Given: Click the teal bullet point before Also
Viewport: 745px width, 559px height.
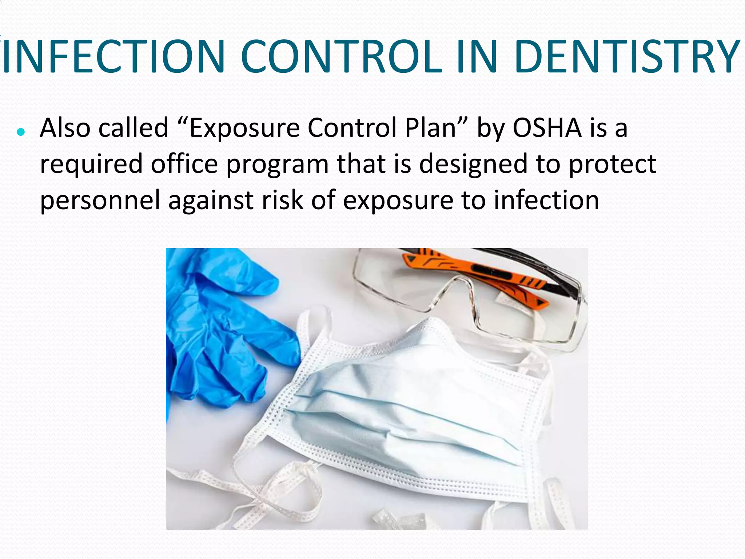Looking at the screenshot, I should click(x=21, y=132).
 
